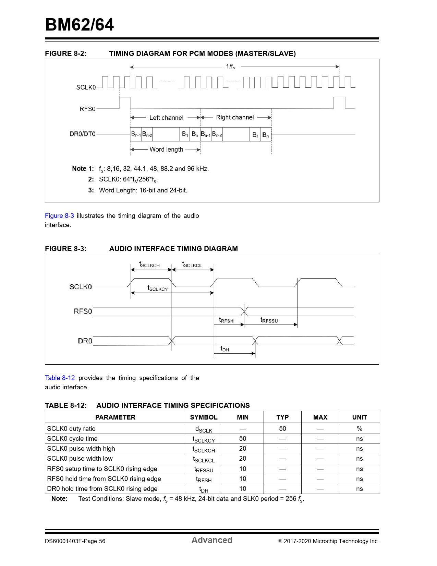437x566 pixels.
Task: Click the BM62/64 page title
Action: click(80, 25)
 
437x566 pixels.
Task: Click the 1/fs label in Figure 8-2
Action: click(230, 67)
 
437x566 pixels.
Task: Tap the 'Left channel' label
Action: click(166, 118)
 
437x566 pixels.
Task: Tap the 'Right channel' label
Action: click(235, 117)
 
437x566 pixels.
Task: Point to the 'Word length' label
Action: click(166, 150)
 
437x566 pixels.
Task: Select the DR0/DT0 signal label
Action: click(82, 134)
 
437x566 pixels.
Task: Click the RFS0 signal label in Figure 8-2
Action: click(87, 109)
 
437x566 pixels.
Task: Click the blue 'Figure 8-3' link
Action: click(59, 216)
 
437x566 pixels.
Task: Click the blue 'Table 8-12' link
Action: click(60, 378)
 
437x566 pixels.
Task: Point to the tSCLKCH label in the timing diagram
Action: click(149, 264)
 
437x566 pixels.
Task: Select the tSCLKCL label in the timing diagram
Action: click(192, 264)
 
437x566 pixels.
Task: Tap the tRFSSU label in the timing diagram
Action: click(269, 320)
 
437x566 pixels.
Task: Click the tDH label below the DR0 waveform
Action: click(224, 349)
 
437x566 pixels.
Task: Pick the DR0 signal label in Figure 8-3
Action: click(85, 341)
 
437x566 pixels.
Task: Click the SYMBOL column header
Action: click(204, 417)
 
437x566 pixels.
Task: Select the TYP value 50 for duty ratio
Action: click(282, 429)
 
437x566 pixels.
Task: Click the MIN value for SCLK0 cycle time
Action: click(243, 439)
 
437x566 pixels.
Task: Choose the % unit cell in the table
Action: click(359, 429)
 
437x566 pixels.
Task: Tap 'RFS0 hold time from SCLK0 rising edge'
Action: click(104, 479)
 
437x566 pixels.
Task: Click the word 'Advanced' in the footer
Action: click(212, 540)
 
